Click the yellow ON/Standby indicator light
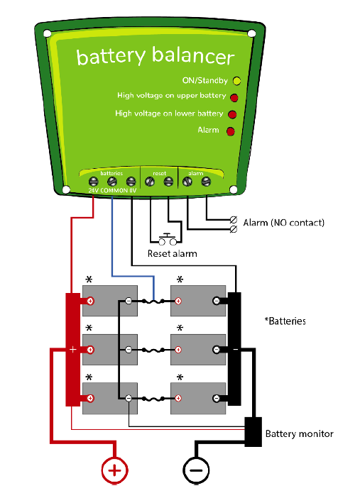(x=236, y=81)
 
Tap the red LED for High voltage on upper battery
(x=234, y=96)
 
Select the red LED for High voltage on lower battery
(x=231, y=114)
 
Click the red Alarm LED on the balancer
(x=230, y=131)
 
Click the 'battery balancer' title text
(x=156, y=56)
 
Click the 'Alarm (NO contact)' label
(x=283, y=223)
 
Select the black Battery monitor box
(x=253, y=432)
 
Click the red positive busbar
(x=72, y=350)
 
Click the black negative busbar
(x=234, y=350)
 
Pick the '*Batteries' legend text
(x=285, y=321)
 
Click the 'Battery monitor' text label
(x=299, y=433)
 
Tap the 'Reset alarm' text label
(x=172, y=253)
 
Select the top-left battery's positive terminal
(x=90, y=301)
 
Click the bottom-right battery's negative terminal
(x=217, y=398)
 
